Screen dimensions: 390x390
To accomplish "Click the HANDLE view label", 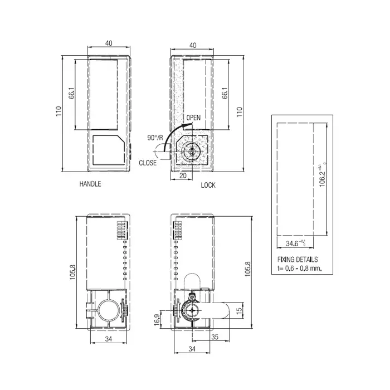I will coord(90,183).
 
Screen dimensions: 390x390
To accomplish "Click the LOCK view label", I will coord(208,185).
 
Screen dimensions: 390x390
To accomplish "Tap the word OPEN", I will coord(193,118).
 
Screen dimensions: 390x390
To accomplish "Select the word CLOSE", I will coord(148,163).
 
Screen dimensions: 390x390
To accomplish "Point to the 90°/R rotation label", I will coord(155,138).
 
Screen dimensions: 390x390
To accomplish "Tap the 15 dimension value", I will coord(240,310).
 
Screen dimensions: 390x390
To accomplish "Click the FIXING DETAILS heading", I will coord(298,260).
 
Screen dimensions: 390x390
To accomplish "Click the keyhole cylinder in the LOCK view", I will coord(192,151).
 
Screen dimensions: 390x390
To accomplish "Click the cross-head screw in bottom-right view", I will coord(191,311).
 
